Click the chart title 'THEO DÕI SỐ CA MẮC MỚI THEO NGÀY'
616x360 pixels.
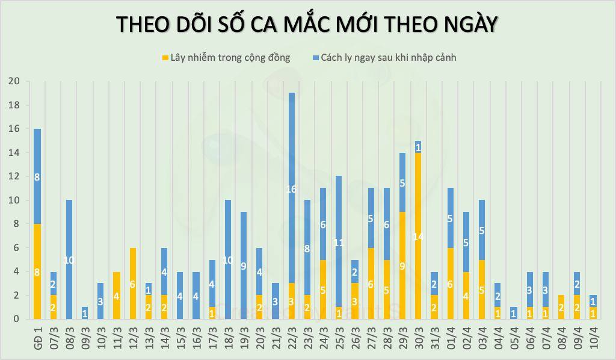pyautogui.click(x=307, y=23)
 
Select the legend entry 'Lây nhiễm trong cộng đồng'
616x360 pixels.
pyautogui.click(x=226, y=58)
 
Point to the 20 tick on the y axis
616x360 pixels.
pyautogui.click(x=14, y=81)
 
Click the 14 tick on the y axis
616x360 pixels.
pyautogui.click(x=14, y=153)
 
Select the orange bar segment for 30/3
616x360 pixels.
pyautogui.click(x=417, y=236)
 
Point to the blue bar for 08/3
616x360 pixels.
pyautogui.click(x=69, y=259)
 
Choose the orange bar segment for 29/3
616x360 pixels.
pyautogui.click(x=402, y=265)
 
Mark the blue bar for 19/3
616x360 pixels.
pyautogui.click(x=244, y=265)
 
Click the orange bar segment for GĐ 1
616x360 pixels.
pyautogui.click(x=37, y=272)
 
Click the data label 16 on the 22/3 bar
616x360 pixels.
pyautogui.click(x=291, y=189)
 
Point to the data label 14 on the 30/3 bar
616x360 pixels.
pyautogui.click(x=417, y=237)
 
